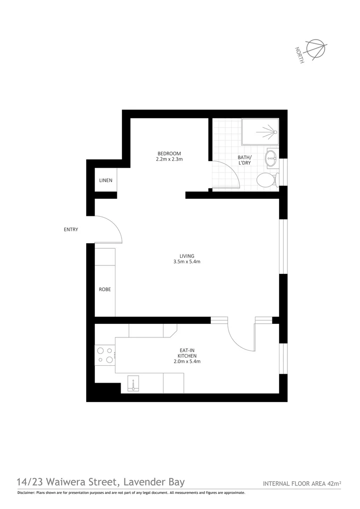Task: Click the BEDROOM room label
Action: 169,154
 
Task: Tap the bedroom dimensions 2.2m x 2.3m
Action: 169,159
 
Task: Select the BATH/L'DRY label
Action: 245,160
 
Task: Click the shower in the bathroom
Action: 260,131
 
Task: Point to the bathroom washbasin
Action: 271,158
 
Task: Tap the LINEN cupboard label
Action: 106,181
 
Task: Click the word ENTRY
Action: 71,230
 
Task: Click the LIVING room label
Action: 187,256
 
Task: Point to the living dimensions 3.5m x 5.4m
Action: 187,262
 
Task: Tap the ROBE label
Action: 105,289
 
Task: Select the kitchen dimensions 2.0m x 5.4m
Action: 187,361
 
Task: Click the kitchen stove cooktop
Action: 105,355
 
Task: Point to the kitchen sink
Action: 134,384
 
